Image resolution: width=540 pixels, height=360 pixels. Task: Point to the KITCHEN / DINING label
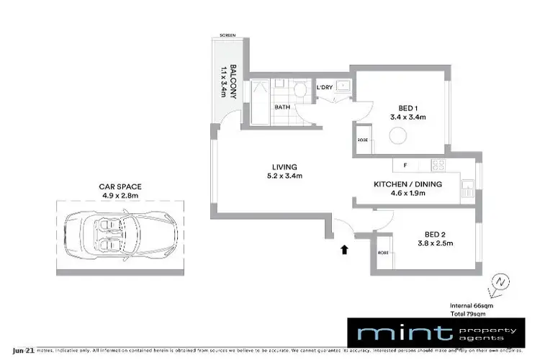408,184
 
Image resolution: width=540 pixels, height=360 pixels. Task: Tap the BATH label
282,107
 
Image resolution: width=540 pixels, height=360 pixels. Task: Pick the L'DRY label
325,88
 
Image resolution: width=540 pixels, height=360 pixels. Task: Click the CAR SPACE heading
120,186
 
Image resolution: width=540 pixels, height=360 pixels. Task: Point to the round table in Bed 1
398,135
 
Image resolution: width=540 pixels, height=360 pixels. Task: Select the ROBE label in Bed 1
362,140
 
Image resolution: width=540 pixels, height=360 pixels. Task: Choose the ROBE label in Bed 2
382,253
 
